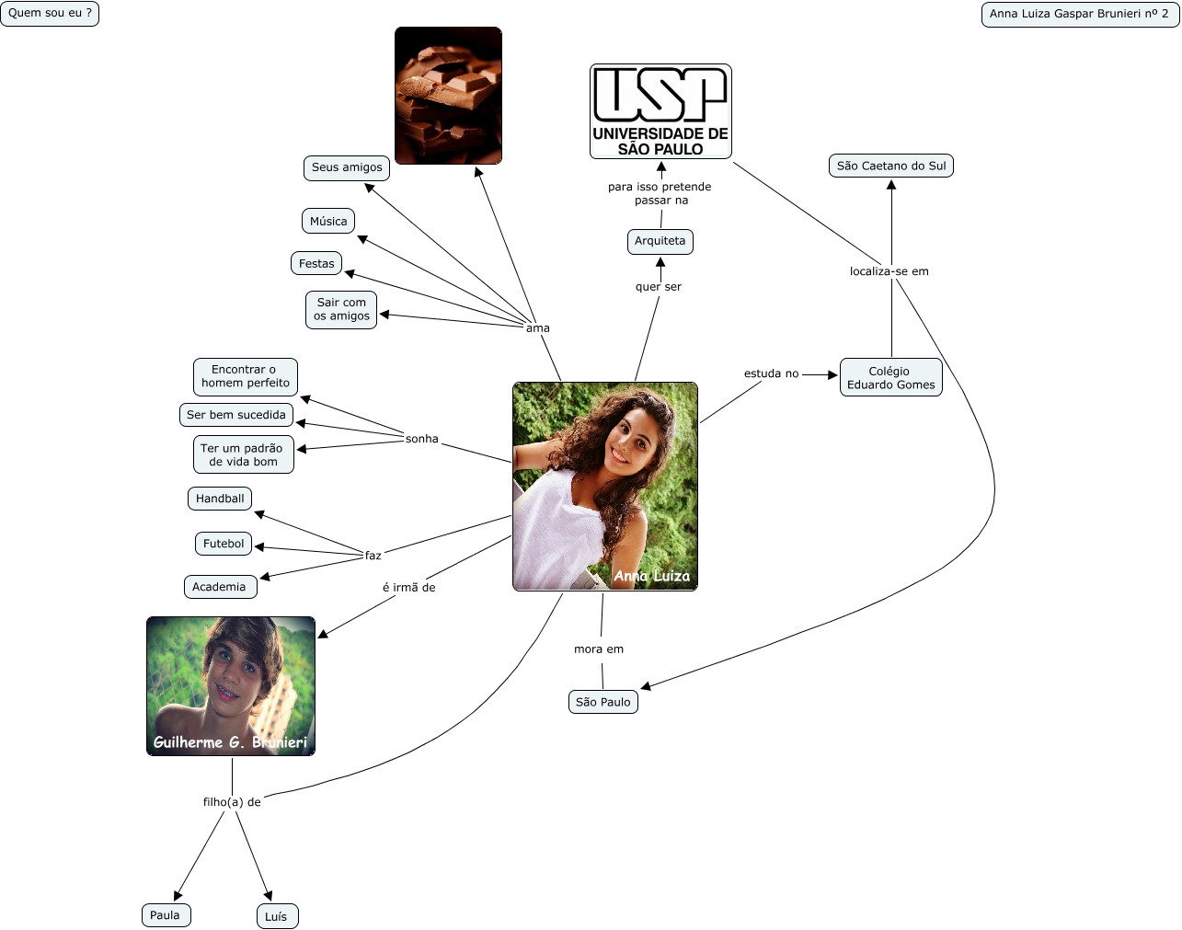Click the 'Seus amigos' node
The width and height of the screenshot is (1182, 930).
pyautogui.click(x=347, y=167)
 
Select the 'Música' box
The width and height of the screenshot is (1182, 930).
pyautogui.click(x=328, y=222)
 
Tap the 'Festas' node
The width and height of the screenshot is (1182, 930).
pyautogui.click(x=316, y=264)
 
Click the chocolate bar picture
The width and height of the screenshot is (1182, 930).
pyautogui.click(x=448, y=96)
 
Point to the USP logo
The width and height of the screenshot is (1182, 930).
pyautogui.click(x=660, y=111)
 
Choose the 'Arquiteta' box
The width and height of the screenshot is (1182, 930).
pyautogui.click(x=660, y=241)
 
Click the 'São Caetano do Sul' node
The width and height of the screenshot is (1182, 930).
pyautogui.click(x=891, y=166)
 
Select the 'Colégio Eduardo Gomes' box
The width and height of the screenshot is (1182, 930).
pyautogui.click(x=890, y=378)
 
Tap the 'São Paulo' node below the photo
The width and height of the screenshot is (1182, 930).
pyautogui.click(x=603, y=702)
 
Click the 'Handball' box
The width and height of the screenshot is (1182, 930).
pyautogui.click(x=220, y=499)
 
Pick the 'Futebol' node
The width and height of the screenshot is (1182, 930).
pyautogui.click(x=224, y=544)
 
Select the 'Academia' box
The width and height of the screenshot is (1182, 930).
pyautogui.click(x=219, y=587)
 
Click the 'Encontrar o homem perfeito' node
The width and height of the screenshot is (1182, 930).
pyautogui.click(x=246, y=376)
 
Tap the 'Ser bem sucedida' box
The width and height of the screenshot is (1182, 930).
pyautogui.click(x=236, y=415)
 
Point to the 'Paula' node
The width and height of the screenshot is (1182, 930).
pyautogui.click(x=166, y=915)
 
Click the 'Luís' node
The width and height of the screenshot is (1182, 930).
pyautogui.click(x=276, y=916)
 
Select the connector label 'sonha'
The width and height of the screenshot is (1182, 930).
pyautogui.click(x=422, y=440)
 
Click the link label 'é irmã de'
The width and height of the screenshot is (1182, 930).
pyautogui.click(x=408, y=588)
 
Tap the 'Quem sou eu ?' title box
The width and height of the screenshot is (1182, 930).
pyautogui.click(x=50, y=14)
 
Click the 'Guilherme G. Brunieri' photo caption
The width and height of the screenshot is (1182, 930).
pyautogui.click(x=230, y=742)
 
